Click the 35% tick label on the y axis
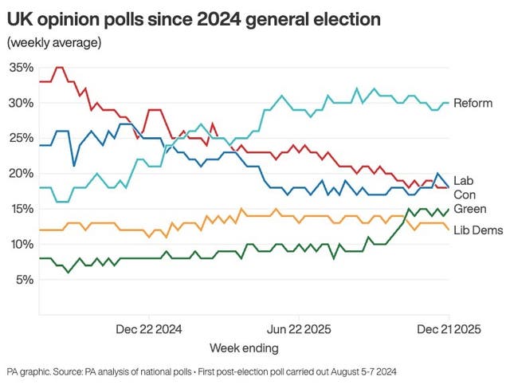click(x=22, y=68)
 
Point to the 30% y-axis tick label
click(x=22, y=104)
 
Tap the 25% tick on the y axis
click(x=22, y=139)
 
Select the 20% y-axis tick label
click(x=22, y=174)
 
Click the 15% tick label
click(x=22, y=209)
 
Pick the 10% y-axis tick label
click(x=22, y=244)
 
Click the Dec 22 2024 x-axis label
click(x=150, y=328)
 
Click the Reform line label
click(x=473, y=104)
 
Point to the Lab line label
click(x=464, y=180)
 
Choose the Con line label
click(x=465, y=194)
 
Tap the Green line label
click(x=469, y=209)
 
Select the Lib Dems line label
click(x=477, y=230)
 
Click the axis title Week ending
click(x=244, y=348)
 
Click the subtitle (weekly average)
click(x=53, y=42)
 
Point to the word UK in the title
click(x=19, y=18)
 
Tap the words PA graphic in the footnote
click(x=29, y=371)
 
